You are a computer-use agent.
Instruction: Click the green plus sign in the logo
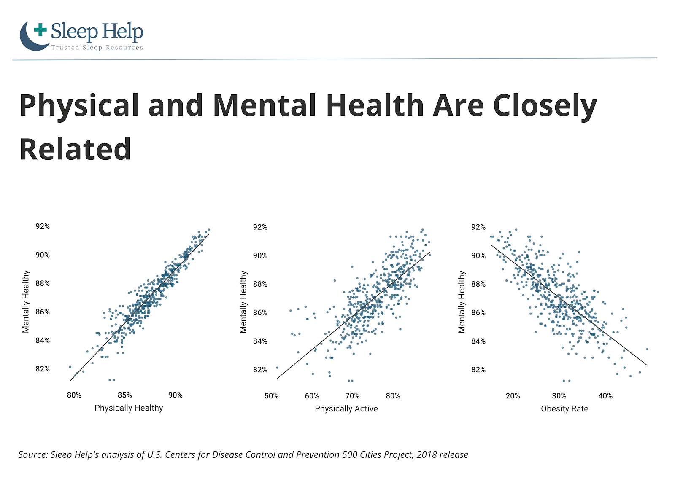pyautogui.click(x=40, y=30)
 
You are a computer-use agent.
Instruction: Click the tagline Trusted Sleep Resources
pyautogui.click(x=97, y=48)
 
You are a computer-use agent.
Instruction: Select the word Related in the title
pyautogui.click(x=75, y=149)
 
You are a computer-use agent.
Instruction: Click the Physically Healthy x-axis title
pyautogui.click(x=129, y=408)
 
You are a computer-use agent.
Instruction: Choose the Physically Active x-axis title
pyautogui.click(x=346, y=409)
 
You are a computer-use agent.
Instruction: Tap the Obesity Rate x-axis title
pyautogui.click(x=564, y=409)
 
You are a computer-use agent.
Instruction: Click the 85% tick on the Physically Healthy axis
pyautogui.click(x=125, y=395)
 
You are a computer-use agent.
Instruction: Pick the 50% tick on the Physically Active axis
pyautogui.click(x=272, y=396)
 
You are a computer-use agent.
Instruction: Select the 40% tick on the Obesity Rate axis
pyautogui.click(x=605, y=396)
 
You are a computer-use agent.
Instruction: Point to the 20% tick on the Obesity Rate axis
pyautogui.click(x=513, y=396)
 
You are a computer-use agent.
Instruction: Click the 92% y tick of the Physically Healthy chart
pyautogui.click(x=43, y=227)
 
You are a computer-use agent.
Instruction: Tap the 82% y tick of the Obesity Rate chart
pyautogui.click(x=478, y=370)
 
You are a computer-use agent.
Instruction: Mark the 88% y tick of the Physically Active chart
pyautogui.click(x=260, y=285)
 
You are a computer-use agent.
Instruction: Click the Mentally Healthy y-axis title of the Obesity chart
pyautogui.click(x=462, y=302)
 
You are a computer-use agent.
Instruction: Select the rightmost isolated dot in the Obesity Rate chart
pyautogui.click(x=647, y=349)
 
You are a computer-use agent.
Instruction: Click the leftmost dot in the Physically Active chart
pyautogui.click(x=277, y=368)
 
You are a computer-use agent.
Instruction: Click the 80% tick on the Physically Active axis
pyautogui.click(x=393, y=396)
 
